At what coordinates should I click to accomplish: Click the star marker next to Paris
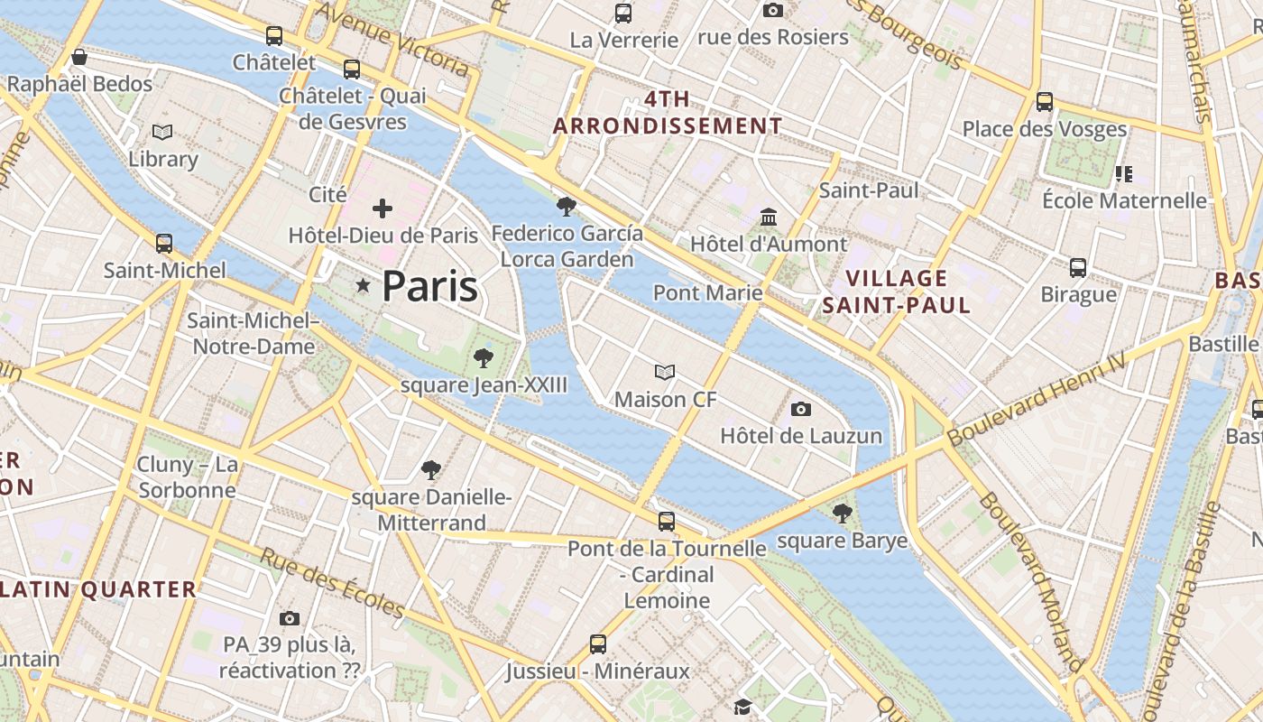tap(363, 286)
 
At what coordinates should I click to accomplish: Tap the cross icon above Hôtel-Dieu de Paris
tap(383, 209)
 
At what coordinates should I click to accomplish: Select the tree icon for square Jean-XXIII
tap(484, 358)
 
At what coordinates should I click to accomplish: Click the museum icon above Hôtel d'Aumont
tap(769, 218)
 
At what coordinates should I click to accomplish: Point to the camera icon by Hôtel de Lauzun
tap(800, 410)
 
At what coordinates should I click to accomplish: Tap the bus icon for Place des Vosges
tap(1045, 101)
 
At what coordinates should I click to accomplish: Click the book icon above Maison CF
tap(665, 372)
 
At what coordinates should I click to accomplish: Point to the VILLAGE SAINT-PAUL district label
tap(896, 292)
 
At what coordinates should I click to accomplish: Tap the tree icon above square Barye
tap(842, 514)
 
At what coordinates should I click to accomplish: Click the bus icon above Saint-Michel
tap(164, 243)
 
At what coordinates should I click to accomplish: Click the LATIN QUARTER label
tap(98, 590)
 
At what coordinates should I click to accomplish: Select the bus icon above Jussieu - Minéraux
tap(597, 644)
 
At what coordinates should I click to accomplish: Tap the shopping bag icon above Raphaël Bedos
tap(79, 58)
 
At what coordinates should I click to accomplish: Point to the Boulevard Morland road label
tap(1029, 578)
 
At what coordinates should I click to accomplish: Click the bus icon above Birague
tap(1078, 268)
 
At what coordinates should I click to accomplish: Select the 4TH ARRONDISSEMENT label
tap(668, 113)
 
